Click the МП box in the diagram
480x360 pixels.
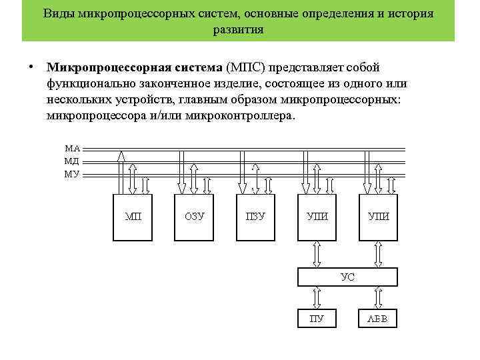click(x=133, y=217)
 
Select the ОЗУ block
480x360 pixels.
click(x=194, y=217)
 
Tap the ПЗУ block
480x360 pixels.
click(x=256, y=217)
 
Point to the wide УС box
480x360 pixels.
click(x=347, y=277)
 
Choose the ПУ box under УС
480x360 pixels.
click(x=317, y=319)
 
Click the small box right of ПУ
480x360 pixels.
click(x=378, y=319)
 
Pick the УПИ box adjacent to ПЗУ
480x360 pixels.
click(x=317, y=217)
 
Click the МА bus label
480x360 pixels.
click(x=72, y=148)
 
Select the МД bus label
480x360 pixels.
click(x=72, y=161)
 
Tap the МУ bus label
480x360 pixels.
click(x=72, y=174)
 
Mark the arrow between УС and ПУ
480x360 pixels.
click(x=317, y=297)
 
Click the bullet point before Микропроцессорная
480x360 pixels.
click(x=31, y=67)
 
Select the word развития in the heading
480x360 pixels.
click(x=238, y=30)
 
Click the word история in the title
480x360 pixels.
click(x=411, y=13)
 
